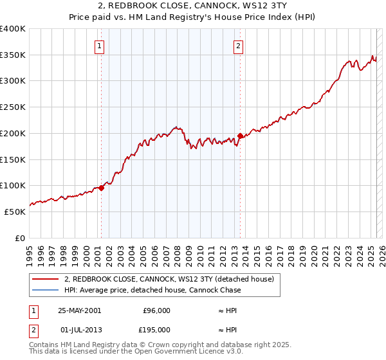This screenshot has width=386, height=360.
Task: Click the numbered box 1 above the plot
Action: click(100, 46)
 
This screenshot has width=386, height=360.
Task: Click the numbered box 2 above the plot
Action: click(239, 46)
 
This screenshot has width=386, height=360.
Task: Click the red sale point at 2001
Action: click(102, 188)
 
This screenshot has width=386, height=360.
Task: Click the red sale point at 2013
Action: click(240, 136)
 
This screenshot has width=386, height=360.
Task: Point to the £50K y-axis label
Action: click(15, 212)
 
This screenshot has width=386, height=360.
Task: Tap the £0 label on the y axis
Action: click(21, 238)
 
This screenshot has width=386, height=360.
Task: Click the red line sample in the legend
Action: click(45, 279)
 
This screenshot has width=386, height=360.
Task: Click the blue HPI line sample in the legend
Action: click(45, 290)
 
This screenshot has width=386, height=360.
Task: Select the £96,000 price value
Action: click(156, 310)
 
